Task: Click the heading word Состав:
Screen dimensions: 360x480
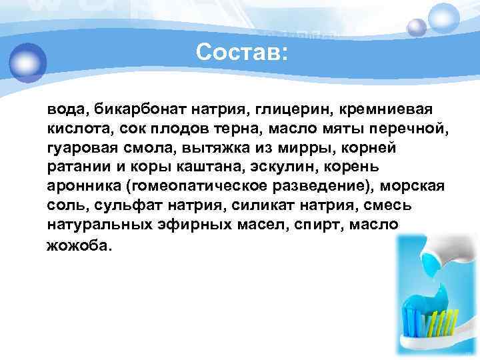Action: (243, 53)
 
